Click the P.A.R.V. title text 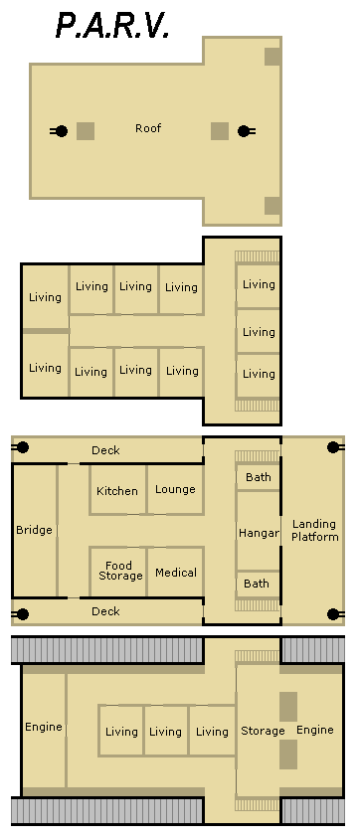112,25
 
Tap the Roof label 148,128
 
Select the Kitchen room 117,490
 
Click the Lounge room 175,490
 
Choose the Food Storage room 117,572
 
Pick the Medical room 175,572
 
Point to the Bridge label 34,530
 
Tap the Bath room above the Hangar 259,477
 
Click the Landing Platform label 314,530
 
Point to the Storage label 263,731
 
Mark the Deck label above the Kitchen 106,450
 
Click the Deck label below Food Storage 106,611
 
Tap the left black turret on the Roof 60,130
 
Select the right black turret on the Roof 246,130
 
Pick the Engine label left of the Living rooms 44,727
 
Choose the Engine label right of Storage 315,730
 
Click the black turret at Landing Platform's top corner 335,447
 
